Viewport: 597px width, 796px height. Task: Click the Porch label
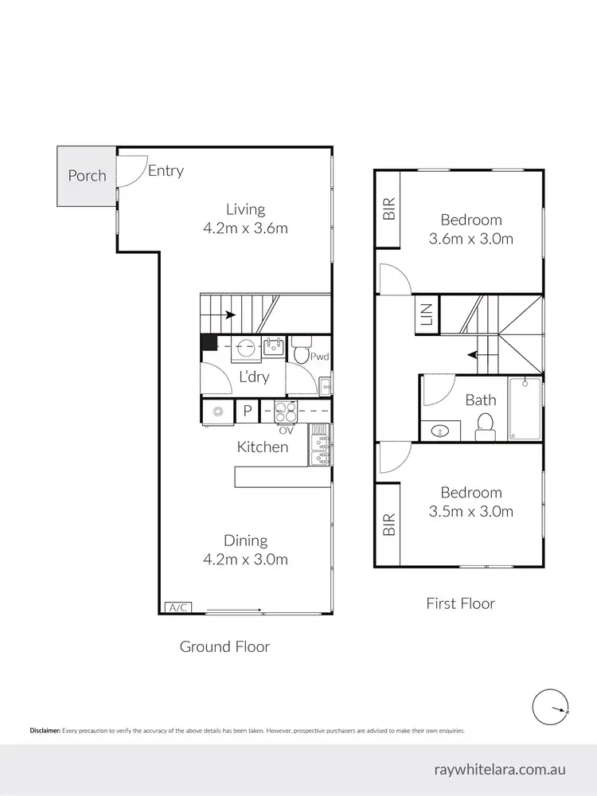click(87, 175)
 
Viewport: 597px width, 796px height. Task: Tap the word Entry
click(166, 170)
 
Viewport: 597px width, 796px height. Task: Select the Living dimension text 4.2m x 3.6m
click(244, 228)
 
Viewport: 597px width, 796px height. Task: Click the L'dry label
click(254, 377)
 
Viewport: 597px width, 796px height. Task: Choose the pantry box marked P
click(247, 412)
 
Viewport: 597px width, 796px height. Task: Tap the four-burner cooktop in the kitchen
click(284, 412)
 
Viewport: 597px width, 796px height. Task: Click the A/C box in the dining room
click(178, 607)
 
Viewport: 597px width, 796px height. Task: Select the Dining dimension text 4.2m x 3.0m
click(244, 559)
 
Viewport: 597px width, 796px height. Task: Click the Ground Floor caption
click(224, 646)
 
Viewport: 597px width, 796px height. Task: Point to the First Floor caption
click(461, 603)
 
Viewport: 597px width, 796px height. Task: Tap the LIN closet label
click(425, 314)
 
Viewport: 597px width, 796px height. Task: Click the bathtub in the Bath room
click(525, 408)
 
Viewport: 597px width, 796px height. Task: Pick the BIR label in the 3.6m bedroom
click(389, 209)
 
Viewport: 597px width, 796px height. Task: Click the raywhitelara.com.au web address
click(500, 770)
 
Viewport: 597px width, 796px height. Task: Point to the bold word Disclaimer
click(45, 730)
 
